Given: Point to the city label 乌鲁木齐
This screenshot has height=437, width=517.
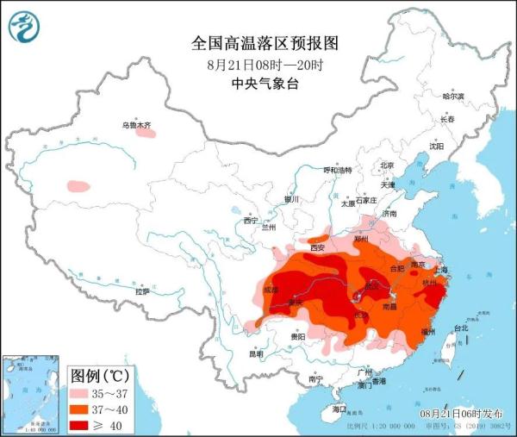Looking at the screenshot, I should click(x=135, y=126).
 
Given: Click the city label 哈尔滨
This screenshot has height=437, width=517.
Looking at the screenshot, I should click(x=453, y=96).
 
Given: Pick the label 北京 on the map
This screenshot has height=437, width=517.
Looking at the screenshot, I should click(x=387, y=165).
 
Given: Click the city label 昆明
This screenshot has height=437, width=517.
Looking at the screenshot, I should click(x=256, y=353).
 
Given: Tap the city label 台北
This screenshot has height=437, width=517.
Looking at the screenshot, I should click(x=460, y=328).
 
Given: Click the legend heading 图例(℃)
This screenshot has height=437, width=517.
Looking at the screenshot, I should click(x=100, y=376).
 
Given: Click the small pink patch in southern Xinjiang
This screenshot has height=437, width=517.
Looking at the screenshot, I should click(x=78, y=185).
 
